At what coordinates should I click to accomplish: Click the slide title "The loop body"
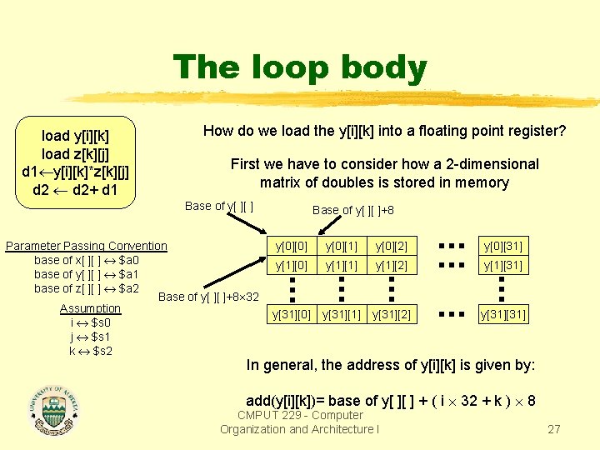[x=300, y=68]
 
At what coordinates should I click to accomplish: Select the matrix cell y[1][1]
[x=342, y=265]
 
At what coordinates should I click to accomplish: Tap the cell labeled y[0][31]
[x=502, y=247]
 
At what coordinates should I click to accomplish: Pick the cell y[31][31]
[x=502, y=314]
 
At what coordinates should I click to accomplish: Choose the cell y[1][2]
[x=391, y=265]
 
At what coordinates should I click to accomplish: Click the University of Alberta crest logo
[x=56, y=407]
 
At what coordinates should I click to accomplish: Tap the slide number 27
[x=553, y=430]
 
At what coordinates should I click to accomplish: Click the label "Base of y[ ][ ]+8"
[x=353, y=210]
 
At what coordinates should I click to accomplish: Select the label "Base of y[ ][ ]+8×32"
[x=208, y=297]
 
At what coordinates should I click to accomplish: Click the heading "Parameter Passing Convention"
[x=87, y=246]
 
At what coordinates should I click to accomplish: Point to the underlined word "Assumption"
[x=90, y=308]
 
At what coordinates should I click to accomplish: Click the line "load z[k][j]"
[x=76, y=153]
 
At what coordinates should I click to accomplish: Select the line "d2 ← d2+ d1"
[x=76, y=190]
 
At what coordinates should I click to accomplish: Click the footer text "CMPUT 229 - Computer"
[x=300, y=415]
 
